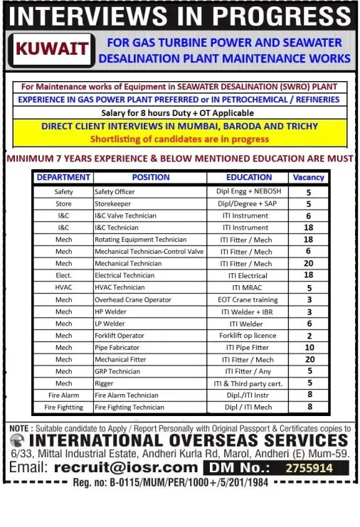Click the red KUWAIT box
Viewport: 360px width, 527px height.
point(53,49)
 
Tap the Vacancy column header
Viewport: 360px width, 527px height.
point(308,177)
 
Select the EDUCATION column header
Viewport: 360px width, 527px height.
point(249,177)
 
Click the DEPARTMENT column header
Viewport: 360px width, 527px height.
point(63,177)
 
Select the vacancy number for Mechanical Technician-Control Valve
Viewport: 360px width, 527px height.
point(309,252)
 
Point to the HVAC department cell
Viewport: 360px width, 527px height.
point(63,287)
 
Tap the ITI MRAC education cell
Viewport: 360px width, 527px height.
point(248,287)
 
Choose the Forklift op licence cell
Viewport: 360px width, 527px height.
point(248,336)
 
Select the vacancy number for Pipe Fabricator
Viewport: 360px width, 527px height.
point(309,348)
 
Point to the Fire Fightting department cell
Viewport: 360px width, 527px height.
point(63,408)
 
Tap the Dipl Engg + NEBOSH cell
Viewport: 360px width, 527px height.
point(248,192)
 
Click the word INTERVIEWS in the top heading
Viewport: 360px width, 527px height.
point(90,16)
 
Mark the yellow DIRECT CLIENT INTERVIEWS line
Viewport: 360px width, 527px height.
point(179,126)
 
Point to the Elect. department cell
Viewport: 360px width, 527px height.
point(63,275)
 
